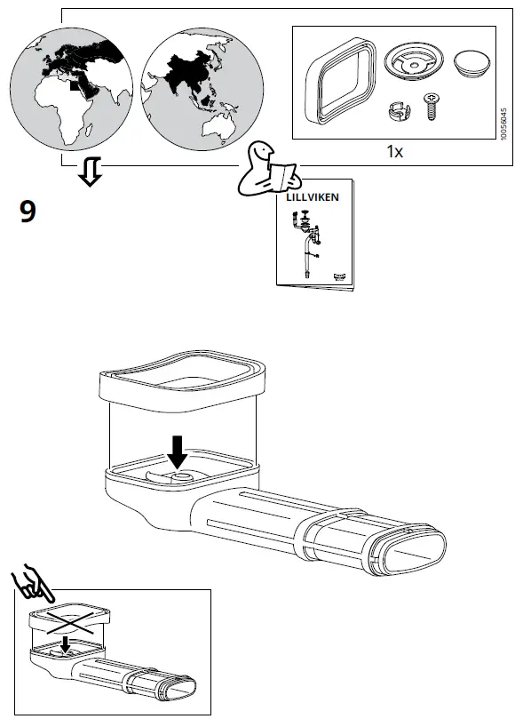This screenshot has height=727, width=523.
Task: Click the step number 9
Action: coord(28,212)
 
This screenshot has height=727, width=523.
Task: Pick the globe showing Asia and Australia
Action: coord(194,89)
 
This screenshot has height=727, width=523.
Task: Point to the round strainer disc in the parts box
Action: coord(412,65)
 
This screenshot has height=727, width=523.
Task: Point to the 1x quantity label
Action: coord(395,151)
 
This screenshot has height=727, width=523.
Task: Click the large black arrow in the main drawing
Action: coord(178,451)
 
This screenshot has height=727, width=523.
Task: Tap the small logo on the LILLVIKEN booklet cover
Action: coord(339,276)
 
